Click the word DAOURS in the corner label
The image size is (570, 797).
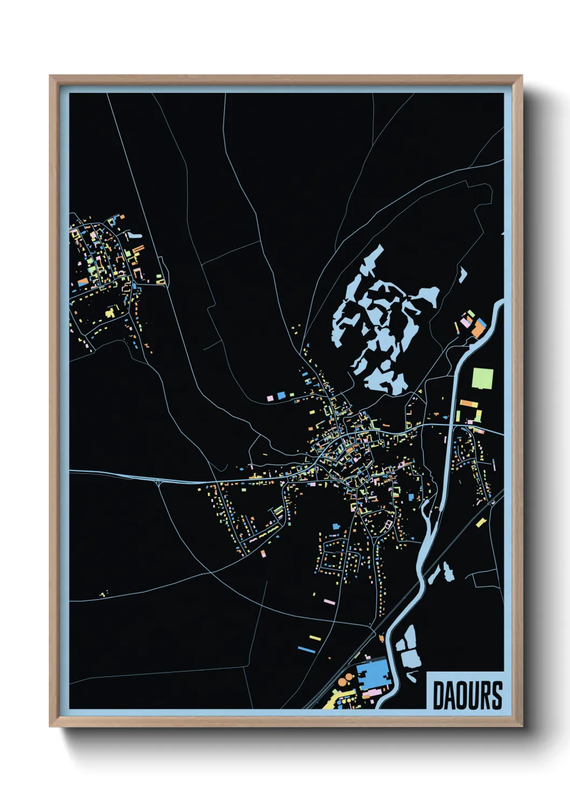click(467, 695)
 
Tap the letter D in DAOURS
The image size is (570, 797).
click(439, 695)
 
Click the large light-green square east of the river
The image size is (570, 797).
click(482, 378)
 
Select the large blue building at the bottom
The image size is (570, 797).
click(372, 674)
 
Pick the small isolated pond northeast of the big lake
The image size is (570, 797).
click(462, 275)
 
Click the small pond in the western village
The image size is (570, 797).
click(134, 235)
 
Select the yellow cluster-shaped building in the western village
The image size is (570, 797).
click(111, 312)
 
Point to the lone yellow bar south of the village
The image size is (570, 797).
click(315, 638)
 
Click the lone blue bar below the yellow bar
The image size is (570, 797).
click(306, 649)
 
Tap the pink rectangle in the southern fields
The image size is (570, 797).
click(329, 602)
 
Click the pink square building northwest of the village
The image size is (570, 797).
click(270, 398)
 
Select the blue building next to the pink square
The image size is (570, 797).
click(281, 396)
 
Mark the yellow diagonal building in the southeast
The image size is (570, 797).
click(481, 522)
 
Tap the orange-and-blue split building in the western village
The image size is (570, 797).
click(83, 282)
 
